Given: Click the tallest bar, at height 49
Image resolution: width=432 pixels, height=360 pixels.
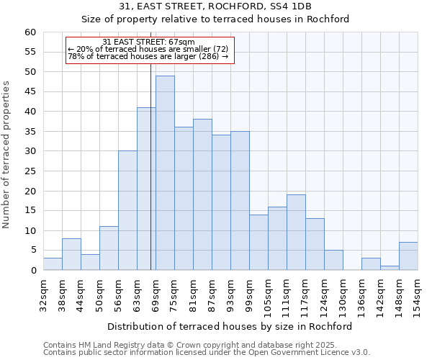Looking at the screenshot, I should pyautogui.click(x=165, y=173).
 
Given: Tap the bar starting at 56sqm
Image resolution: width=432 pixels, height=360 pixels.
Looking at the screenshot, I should pyautogui.click(x=127, y=210).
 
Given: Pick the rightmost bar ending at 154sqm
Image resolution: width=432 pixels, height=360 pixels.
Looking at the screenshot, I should pyautogui.click(x=408, y=256).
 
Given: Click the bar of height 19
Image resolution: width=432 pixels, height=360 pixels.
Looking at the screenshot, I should pyautogui.click(x=296, y=233).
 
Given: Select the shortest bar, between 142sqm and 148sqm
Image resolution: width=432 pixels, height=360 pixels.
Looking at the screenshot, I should pyautogui.click(x=390, y=268).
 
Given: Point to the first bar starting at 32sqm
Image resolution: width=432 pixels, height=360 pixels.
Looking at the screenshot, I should pyautogui.click(x=53, y=264).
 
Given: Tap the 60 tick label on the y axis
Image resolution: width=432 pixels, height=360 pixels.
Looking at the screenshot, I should pyautogui.click(x=30, y=32).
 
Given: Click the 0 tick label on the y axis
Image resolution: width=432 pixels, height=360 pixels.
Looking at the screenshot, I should pyautogui.click(x=32, y=271).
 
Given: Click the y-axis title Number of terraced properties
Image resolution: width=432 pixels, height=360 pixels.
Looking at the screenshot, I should pyautogui.click(x=7, y=155).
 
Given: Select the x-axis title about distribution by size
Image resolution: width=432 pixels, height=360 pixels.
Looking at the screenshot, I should pyautogui.click(x=230, y=326).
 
